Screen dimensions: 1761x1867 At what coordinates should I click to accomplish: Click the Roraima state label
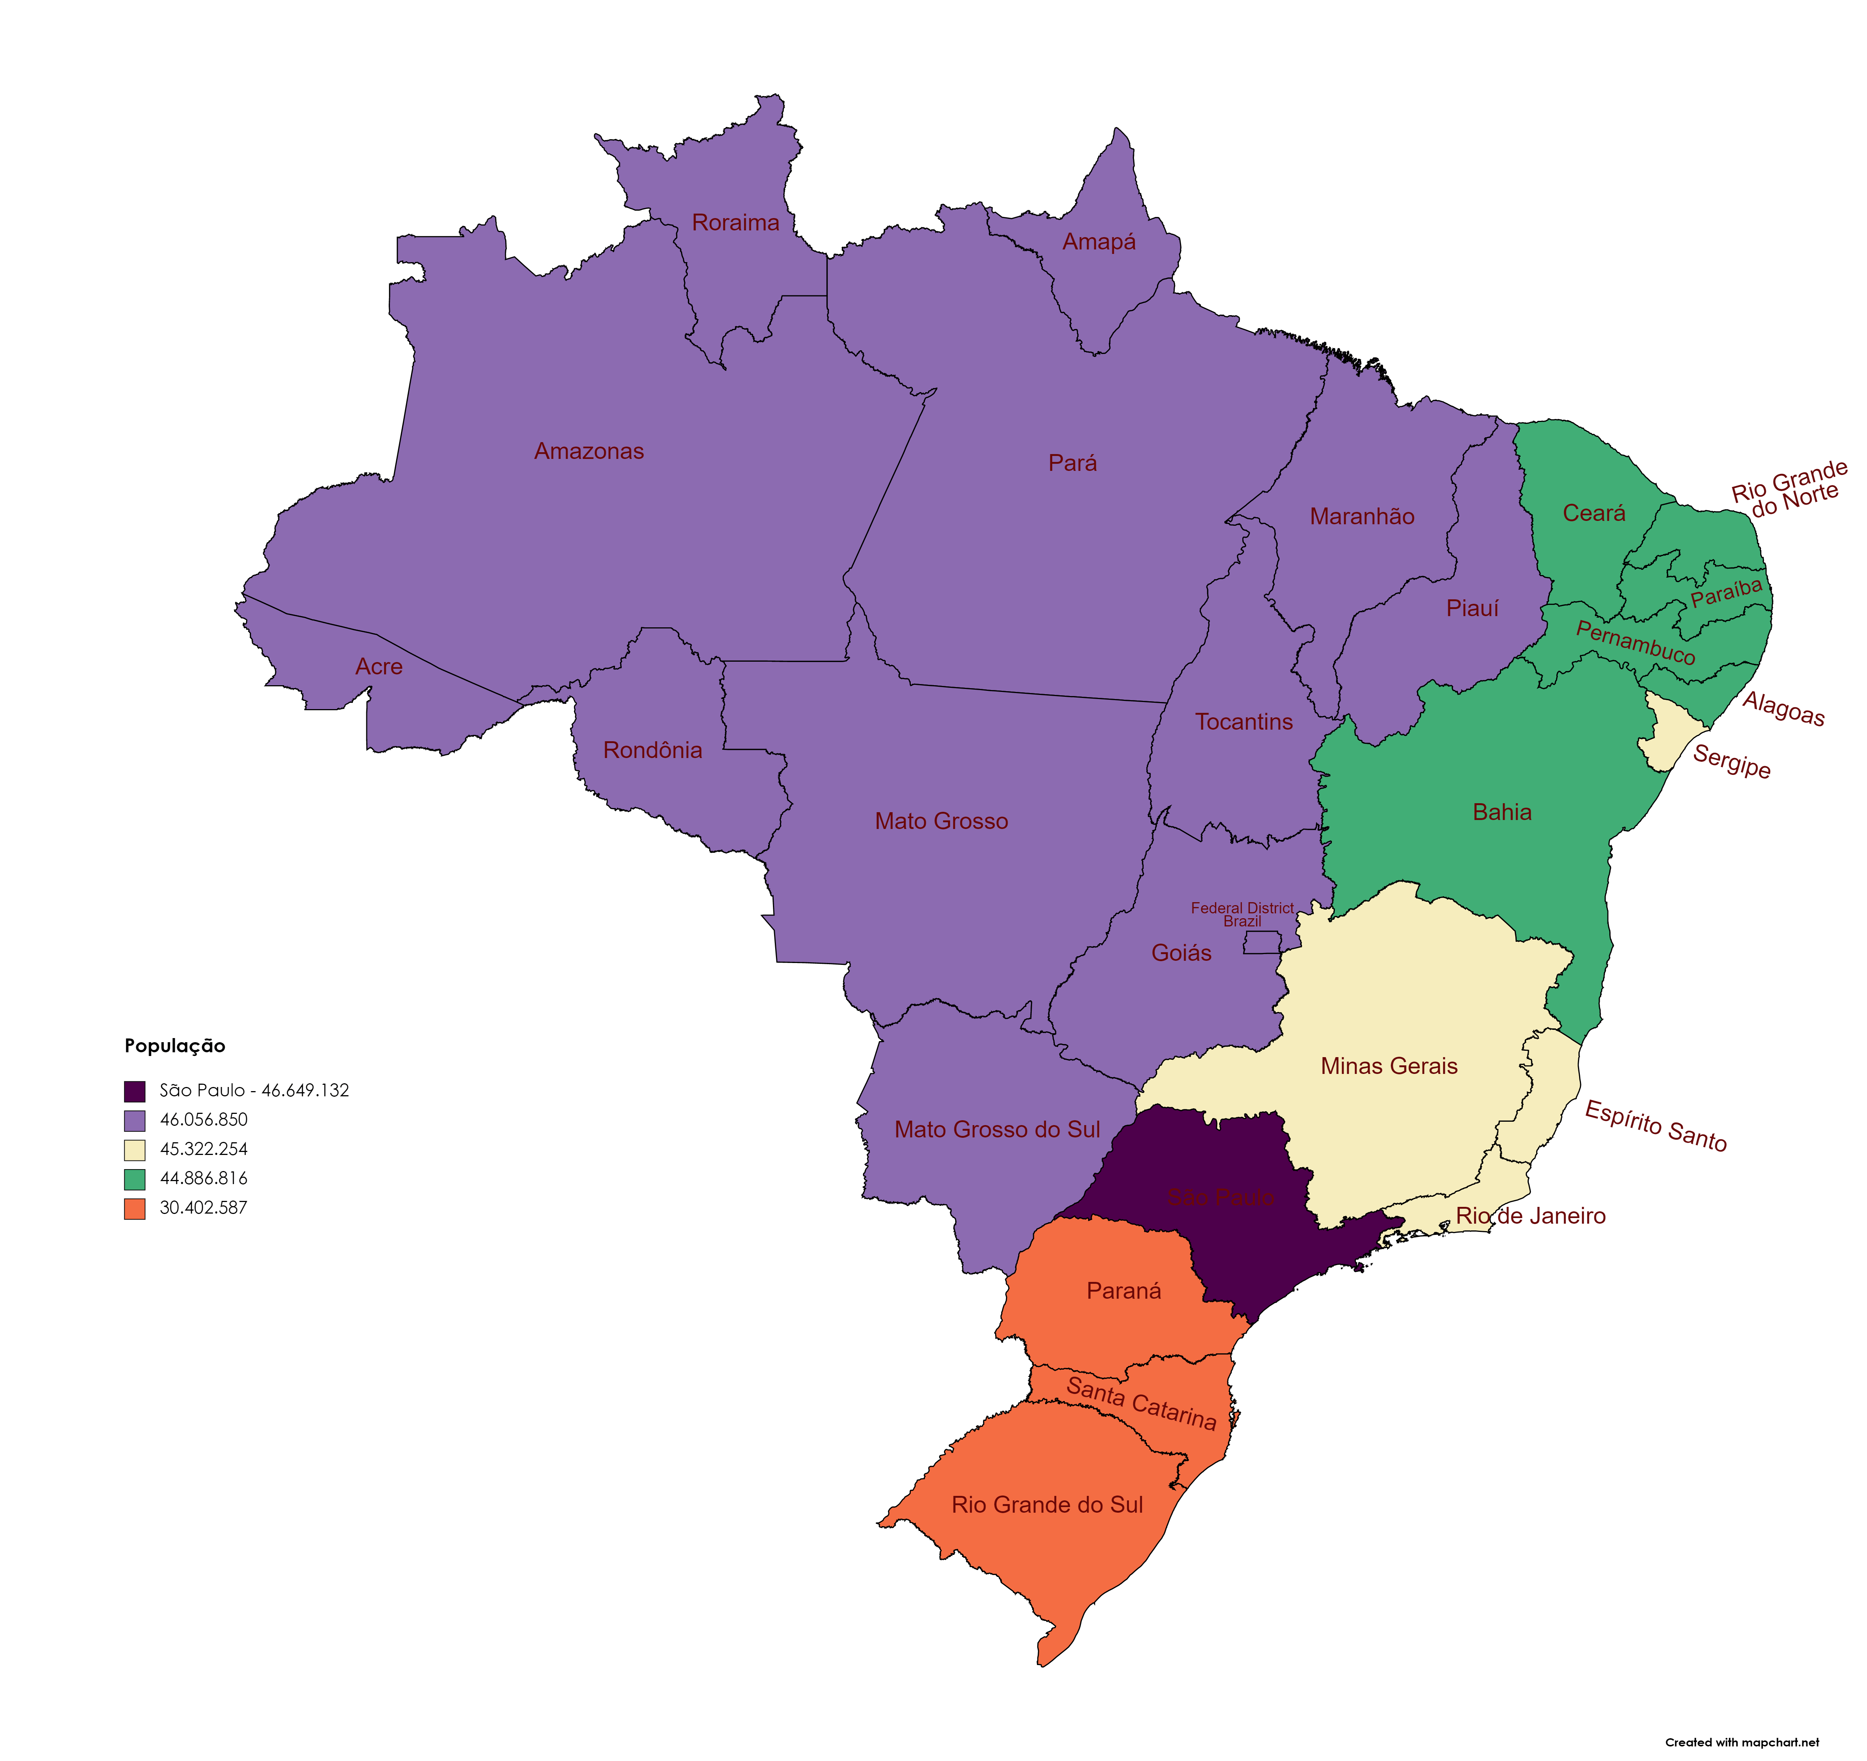tap(735, 223)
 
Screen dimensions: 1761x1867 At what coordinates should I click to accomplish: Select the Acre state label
tap(379, 667)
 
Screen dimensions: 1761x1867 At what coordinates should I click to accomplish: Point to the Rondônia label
tap(653, 751)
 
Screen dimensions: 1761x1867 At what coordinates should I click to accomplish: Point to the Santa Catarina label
tap(1141, 1403)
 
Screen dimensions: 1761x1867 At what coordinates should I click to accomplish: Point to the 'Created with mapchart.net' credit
tap(1742, 1742)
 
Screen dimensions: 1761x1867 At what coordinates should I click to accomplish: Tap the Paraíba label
tap(1726, 594)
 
